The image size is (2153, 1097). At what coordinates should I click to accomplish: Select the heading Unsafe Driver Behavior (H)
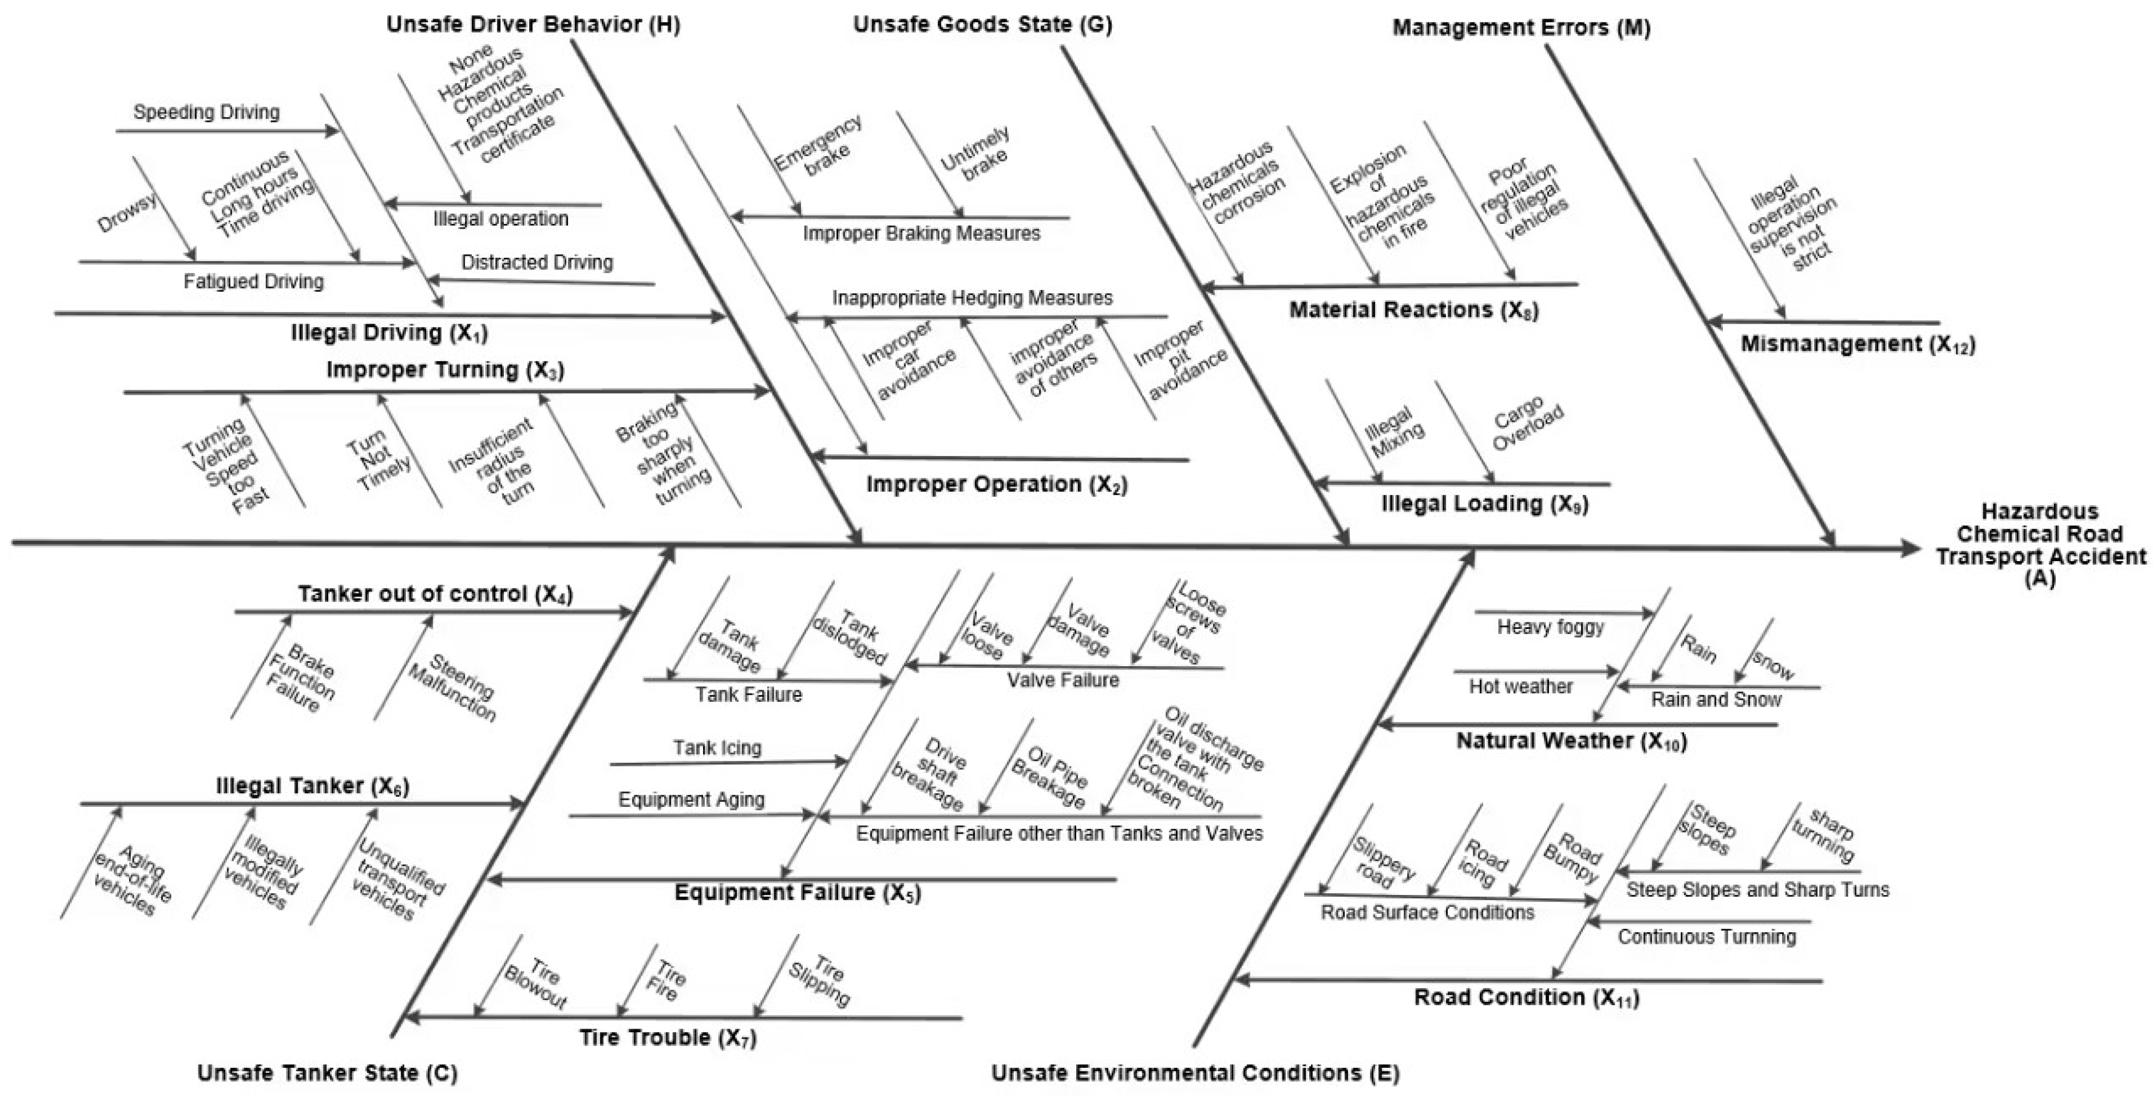(533, 24)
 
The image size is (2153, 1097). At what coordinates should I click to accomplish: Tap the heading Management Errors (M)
(1521, 27)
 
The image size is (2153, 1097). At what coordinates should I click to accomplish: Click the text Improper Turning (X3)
(445, 369)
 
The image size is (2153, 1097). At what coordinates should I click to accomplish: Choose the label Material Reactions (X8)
(1413, 310)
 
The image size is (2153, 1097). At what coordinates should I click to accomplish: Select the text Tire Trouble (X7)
(668, 1038)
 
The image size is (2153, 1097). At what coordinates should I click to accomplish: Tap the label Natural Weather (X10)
(1571, 741)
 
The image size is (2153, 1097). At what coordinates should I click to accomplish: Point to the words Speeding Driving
(206, 112)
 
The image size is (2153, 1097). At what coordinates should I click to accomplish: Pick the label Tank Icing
(717, 748)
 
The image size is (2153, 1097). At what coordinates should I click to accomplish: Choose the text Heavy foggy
(1551, 627)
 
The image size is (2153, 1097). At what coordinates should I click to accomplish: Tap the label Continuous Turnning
(1707, 937)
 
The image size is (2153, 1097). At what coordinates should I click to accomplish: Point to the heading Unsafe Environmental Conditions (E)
(1195, 1073)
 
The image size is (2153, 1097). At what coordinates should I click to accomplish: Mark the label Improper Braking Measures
(921, 233)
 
